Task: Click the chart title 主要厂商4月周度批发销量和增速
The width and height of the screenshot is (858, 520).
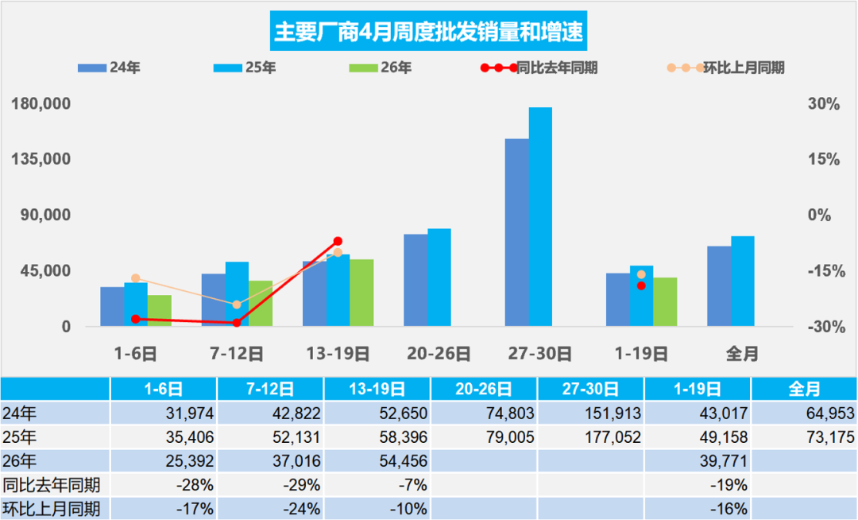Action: tap(428, 32)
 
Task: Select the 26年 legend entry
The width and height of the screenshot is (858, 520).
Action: tap(381, 68)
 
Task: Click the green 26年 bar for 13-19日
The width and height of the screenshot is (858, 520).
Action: tap(361, 293)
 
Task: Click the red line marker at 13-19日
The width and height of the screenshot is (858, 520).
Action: tap(338, 241)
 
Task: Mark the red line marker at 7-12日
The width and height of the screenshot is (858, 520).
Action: tap(237, 323)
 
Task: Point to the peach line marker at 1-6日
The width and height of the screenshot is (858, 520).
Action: tap(136, 278)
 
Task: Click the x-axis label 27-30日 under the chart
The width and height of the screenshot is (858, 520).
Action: tap(540, 354)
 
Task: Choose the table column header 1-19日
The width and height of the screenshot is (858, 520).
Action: tap(698, 390)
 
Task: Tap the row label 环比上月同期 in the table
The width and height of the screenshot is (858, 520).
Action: tap(52, 508)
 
